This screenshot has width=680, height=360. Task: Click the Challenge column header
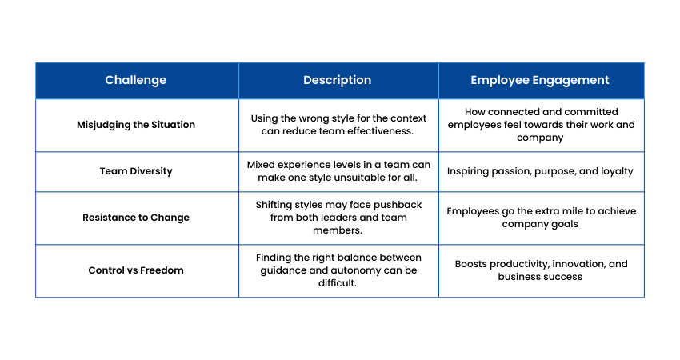click(136, 80)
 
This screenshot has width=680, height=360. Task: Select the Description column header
click(338, 80)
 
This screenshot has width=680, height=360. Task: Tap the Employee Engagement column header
click(540, 80)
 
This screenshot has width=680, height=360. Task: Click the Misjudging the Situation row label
click(136, 125)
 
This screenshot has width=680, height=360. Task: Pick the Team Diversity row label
click(136, 171)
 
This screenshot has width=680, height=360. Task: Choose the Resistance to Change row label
click(136, 218)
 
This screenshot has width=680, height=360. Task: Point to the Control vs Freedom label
click(136, 270)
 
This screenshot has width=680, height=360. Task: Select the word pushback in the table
click(398, 205)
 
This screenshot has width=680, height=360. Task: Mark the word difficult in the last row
click(338, 283)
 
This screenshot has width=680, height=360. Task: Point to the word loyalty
click(617, 171)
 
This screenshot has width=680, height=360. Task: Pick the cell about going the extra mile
click(542, 218)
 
